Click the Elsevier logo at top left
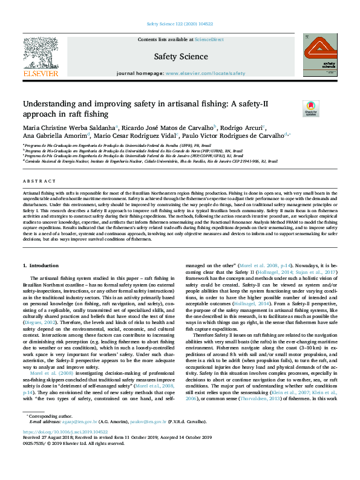(41, 56)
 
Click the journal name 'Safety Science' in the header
(180, 57)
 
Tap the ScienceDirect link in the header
(209, 39)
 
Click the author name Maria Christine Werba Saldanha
(68, 128)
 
